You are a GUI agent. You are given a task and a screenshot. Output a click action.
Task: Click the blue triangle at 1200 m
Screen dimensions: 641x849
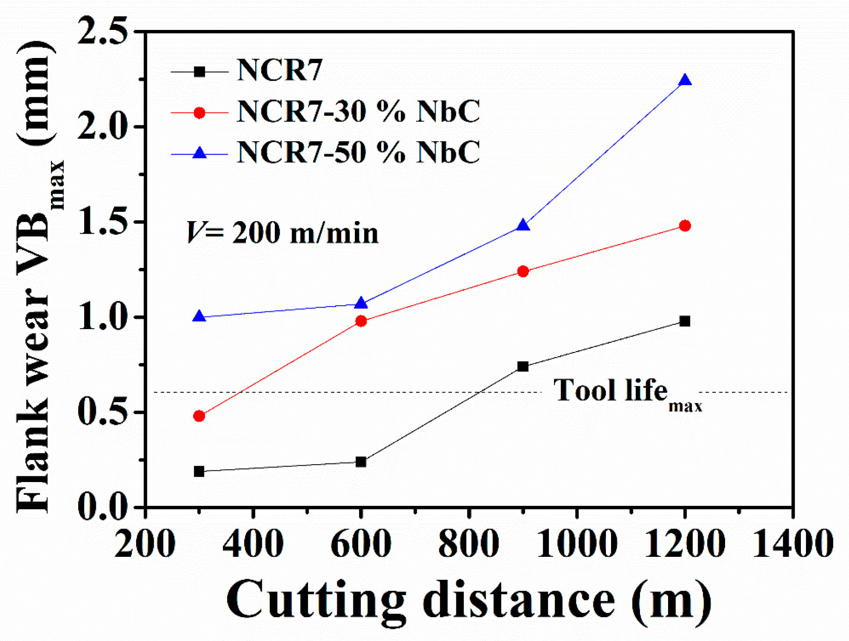click(x=685, y=81)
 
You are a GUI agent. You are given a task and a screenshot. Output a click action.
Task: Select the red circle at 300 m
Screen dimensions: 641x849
click(x=199, y=416)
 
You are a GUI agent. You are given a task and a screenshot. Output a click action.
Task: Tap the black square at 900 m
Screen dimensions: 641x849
click(x=523, y=367)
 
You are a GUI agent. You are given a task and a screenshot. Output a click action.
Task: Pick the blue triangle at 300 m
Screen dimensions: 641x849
click(x=199, y=317)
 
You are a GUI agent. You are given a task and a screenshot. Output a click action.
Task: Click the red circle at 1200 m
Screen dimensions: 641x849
click(x=685, y=226)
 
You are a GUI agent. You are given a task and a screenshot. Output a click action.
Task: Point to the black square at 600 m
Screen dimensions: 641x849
click(x=361, y=462)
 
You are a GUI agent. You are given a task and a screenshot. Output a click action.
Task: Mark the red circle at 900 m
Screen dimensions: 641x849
click(x=523, y=271)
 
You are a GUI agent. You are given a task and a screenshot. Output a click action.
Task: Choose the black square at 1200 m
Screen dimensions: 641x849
click(x=685, y=321)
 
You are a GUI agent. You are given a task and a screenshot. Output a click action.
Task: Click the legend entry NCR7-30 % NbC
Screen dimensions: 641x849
click(x=358, y=112)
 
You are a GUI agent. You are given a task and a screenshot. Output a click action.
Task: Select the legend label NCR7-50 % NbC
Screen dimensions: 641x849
click(x=358, y=153)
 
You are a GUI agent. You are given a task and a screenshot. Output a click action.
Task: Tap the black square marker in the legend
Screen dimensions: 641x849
click(x=200, y=72)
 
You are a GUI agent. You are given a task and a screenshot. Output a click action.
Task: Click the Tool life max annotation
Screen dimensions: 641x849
click(x=626, y=393)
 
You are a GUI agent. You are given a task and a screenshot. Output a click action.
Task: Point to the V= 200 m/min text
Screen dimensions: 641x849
click(x=282, y=233)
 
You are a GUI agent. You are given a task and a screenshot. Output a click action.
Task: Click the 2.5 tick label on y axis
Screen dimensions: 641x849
click(x=102, y=32)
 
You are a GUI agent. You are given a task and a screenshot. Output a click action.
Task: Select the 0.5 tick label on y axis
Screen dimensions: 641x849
click(x=102, y=412)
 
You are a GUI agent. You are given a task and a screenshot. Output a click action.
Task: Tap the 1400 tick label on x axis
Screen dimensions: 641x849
click(x=793, y=543)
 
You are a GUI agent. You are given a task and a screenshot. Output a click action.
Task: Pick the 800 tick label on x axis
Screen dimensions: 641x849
click(x=469, y=543)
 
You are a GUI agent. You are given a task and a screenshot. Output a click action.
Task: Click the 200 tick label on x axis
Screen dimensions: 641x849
click(x=145, y=543)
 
